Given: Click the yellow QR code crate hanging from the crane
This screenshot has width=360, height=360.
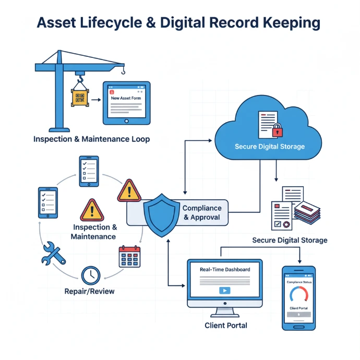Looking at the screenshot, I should pyautogui.click(x=80, y=98).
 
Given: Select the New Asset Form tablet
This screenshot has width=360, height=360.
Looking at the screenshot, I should pyautogui.click(x=126, y=102).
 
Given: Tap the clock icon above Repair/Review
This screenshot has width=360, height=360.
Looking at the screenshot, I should pyautogui.click(x=91, y=274).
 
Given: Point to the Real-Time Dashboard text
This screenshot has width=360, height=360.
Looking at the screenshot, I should pyautogui.click(x=225, y=269).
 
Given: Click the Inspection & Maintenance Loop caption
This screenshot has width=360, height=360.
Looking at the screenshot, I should pyautogui.click(x=91, y=139).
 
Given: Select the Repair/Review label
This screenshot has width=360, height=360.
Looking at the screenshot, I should pyautogui.click(x=89, y=291).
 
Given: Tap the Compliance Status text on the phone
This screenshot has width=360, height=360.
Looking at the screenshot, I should pyautogui.click(x=299, y=282).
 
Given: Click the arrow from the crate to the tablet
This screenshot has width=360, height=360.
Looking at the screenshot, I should pyautogui.click(x=96, y=98).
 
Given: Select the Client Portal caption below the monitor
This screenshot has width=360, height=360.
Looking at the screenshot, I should pyautogui.click(x=226, y=325).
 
